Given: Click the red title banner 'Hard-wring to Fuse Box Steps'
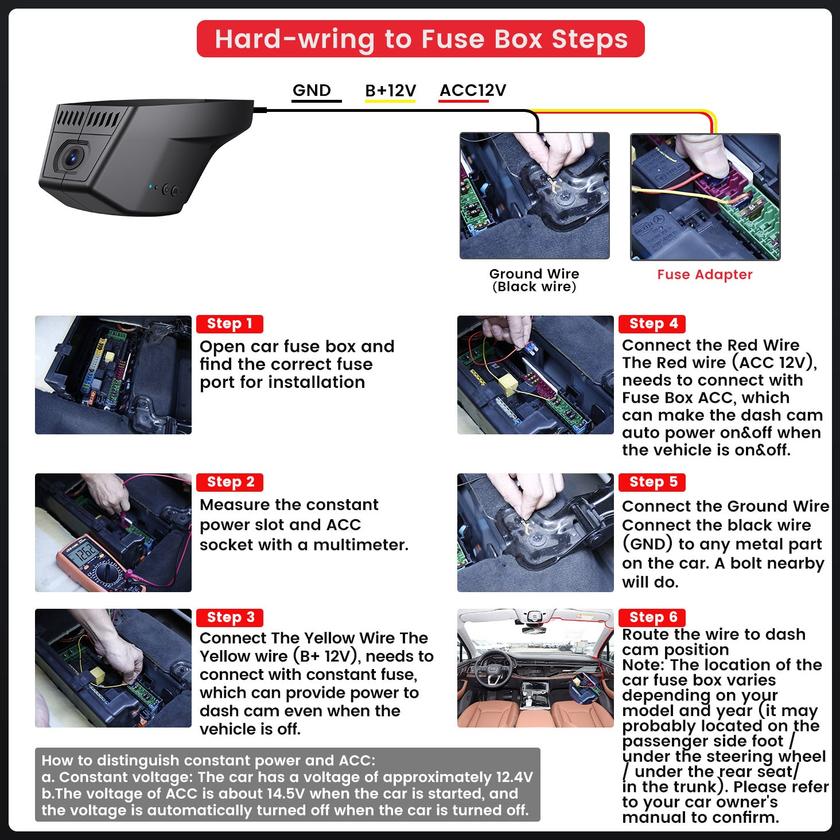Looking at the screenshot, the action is tap(420, 39).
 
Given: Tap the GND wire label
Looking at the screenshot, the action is tap(312, 90).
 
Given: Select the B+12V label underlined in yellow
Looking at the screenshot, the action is tap(390, 91).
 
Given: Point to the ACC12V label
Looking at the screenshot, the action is tap(473, 90).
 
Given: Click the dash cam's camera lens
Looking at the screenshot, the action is tap(73, 157).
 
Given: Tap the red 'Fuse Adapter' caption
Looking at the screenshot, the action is tap(705, 275).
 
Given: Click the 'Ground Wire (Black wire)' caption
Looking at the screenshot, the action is tap(534, 280).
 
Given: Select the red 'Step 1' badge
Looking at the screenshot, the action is tap(230, 324).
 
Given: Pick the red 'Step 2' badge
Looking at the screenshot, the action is tap(230, 482).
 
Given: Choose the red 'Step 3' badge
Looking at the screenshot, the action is tap(230, 617).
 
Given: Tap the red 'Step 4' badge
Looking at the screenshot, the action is tap(652, 324).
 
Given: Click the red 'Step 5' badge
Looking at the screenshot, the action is tap(652, 482).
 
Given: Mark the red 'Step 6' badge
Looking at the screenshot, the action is tap(652, 617).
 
